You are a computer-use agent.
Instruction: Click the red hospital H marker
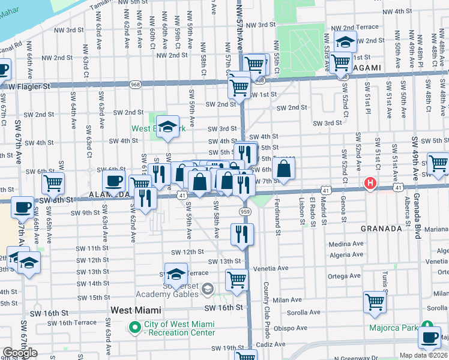371,183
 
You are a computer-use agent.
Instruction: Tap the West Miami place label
136,310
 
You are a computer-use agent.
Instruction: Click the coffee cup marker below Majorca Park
430,337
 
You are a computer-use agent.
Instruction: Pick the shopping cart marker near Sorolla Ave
375,302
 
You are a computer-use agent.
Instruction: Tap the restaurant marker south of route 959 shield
242,234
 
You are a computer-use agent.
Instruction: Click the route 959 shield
244,211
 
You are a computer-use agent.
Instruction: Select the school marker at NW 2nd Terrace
345,42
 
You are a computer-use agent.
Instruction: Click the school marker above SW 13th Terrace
175,274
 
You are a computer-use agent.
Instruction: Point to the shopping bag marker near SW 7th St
285,169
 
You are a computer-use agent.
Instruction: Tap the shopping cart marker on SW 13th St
237,279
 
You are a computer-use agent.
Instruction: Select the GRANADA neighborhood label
381,229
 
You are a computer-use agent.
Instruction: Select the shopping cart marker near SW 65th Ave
53,181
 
